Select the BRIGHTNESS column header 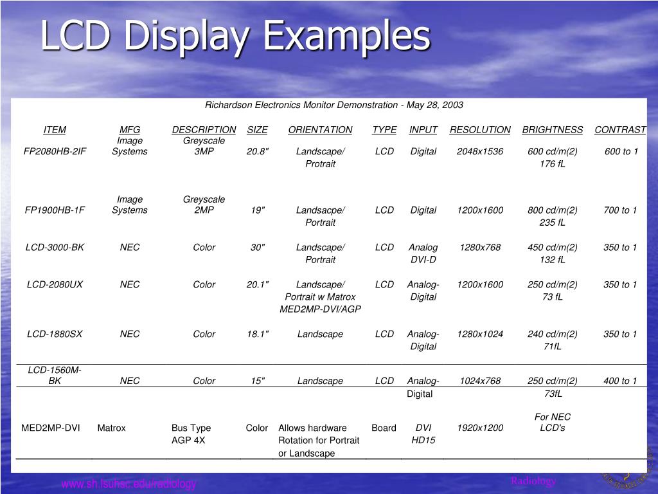[552, 129]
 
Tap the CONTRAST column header [620, 129]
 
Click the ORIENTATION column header [320, 129]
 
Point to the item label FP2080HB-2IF [55, 151]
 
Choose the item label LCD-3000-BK [55, 247]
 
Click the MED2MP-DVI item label [51, 428]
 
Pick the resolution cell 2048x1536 [480, 151]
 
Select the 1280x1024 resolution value [480, 334]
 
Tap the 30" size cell [257, 247]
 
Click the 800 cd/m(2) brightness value [552, 210]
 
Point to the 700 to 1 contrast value [620, 210]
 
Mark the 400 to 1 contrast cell [620, 381]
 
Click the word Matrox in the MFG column [112, 428]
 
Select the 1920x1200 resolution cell [480, 428]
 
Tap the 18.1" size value [257, 334]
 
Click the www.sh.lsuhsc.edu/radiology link [129, 484]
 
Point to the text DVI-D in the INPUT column [423, 259]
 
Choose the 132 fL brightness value [552, 259]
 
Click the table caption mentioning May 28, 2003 [333, 105]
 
